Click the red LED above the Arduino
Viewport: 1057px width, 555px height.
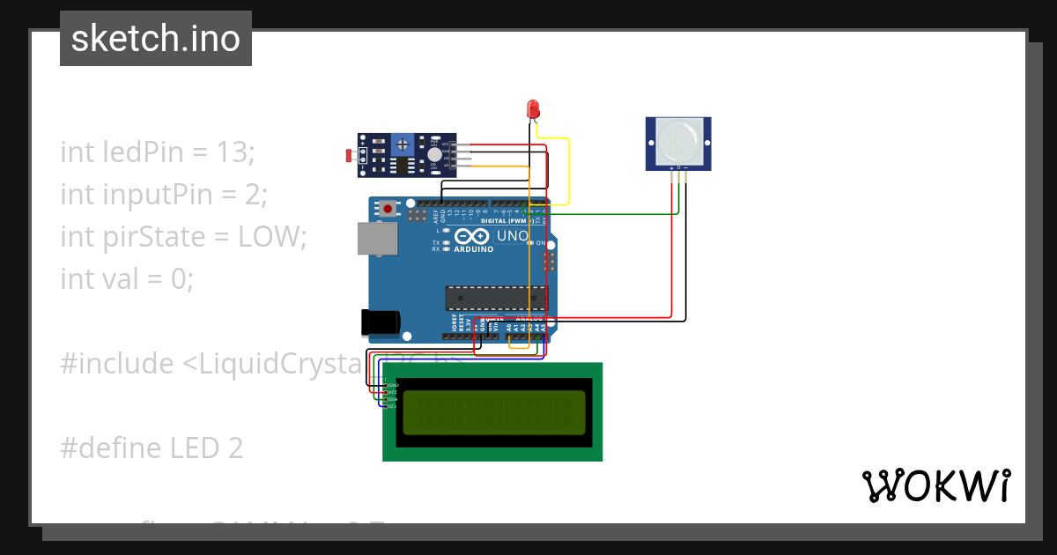[x=532, y=109]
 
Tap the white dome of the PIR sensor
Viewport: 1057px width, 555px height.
[x=677, y=141]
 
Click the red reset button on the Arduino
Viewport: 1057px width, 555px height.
[x=388, y=210]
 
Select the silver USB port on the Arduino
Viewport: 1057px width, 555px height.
[x=376, y=239]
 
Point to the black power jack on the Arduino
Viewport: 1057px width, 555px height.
[x=381, y=322]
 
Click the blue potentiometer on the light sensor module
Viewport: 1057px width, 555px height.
[x=403, y=143]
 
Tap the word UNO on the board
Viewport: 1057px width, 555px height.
[x=513, y=236]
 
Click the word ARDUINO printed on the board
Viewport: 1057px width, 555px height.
[x=472, y=249]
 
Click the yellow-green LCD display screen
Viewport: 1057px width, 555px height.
[x=494, y=412]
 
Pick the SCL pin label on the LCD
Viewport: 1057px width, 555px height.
[x=391, y=406]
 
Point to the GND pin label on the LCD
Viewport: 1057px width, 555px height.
[x=392, y=386]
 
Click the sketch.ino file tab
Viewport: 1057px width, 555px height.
[x=156, y=39]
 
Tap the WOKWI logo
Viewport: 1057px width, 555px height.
[x=935, y=485]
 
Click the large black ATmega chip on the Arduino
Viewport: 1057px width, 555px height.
[x=495, y=299]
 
